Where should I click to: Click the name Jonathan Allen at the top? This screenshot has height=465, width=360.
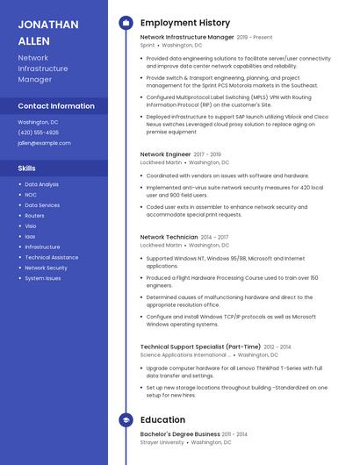(x=48, y=32)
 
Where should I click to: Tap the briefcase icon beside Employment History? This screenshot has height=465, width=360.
(x=126, y=23)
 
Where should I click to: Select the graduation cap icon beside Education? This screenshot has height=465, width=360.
(x=126, y=420)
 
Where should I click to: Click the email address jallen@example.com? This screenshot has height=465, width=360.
(x=44, y=142)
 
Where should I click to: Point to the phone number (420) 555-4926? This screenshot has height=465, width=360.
(x=39, y=132)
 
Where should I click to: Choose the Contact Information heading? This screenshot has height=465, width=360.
(x=56, y=106)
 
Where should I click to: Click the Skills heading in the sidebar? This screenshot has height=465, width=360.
(x=27, y=167)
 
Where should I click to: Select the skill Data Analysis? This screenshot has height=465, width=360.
(x=41, y=184)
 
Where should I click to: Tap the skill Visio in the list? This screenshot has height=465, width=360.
(x=31, y=225)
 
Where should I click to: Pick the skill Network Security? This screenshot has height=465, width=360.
(x=46, y=268)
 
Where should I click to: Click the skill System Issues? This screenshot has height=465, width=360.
(x=43, y=278)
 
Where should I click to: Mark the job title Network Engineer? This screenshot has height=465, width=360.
(x=165, y=154)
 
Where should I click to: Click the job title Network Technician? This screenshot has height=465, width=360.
(x=169, y=237)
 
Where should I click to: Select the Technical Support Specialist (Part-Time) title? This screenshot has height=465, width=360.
(x=200, y=347)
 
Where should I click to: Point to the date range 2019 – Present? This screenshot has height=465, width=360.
(x=255, y=38)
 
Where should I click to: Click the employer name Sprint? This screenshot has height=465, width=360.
(x=147, y=45)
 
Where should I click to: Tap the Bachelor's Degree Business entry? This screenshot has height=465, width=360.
(x=180, y=434)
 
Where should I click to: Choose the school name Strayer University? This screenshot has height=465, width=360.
(x=162, y=442)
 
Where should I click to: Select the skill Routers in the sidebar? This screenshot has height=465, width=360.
(x=34, y=215)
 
